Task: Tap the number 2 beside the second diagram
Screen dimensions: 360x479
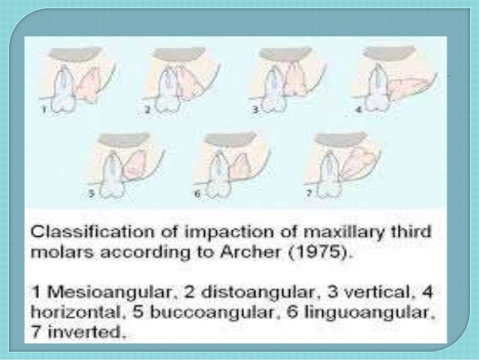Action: [x=149, y=109]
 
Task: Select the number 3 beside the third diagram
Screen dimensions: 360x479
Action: [x=255, y=109]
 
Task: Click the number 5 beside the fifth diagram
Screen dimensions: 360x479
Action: [x=92, y=192]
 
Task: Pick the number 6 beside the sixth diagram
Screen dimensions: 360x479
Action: [x=196, y=192]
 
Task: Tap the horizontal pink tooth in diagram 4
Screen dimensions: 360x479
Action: [x=410, y=87]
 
